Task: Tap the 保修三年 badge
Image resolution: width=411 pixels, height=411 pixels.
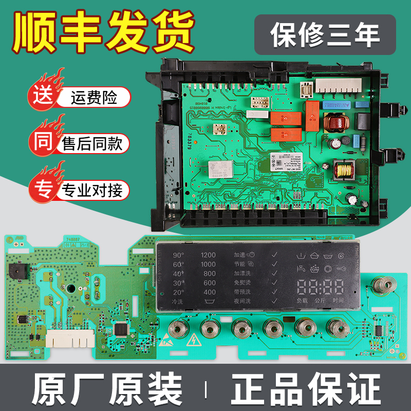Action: (326, 34)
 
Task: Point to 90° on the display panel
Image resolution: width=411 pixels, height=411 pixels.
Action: (179, 255)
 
